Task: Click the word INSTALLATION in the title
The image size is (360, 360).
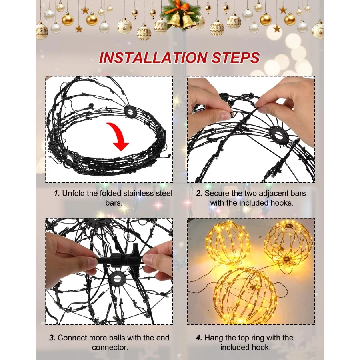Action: pyautogui.click(x=153, y=58)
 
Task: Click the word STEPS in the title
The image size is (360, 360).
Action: pyautogui.click(x=236, y=58)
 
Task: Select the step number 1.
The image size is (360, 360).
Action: pyautogui.click(x=57, y=193)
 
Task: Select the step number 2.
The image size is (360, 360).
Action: pyautogui.click(x=199, y=193)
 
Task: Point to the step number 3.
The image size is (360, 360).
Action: pyautogui.click(x=52, y=338)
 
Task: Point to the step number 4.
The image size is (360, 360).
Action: pyautogui.click(x=199, y=338)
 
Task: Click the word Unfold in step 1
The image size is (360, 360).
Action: pyautogui.click(x=74, y=193)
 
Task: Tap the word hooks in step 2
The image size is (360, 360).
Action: pyautogui.click(x=282, y=203)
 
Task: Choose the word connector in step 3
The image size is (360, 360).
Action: pyautogui.click(x=110, y=347)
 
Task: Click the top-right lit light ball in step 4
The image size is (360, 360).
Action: pyautogui.click(x=288, y=244)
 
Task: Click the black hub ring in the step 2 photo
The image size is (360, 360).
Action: pyautogui.click(x=278, y=136)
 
